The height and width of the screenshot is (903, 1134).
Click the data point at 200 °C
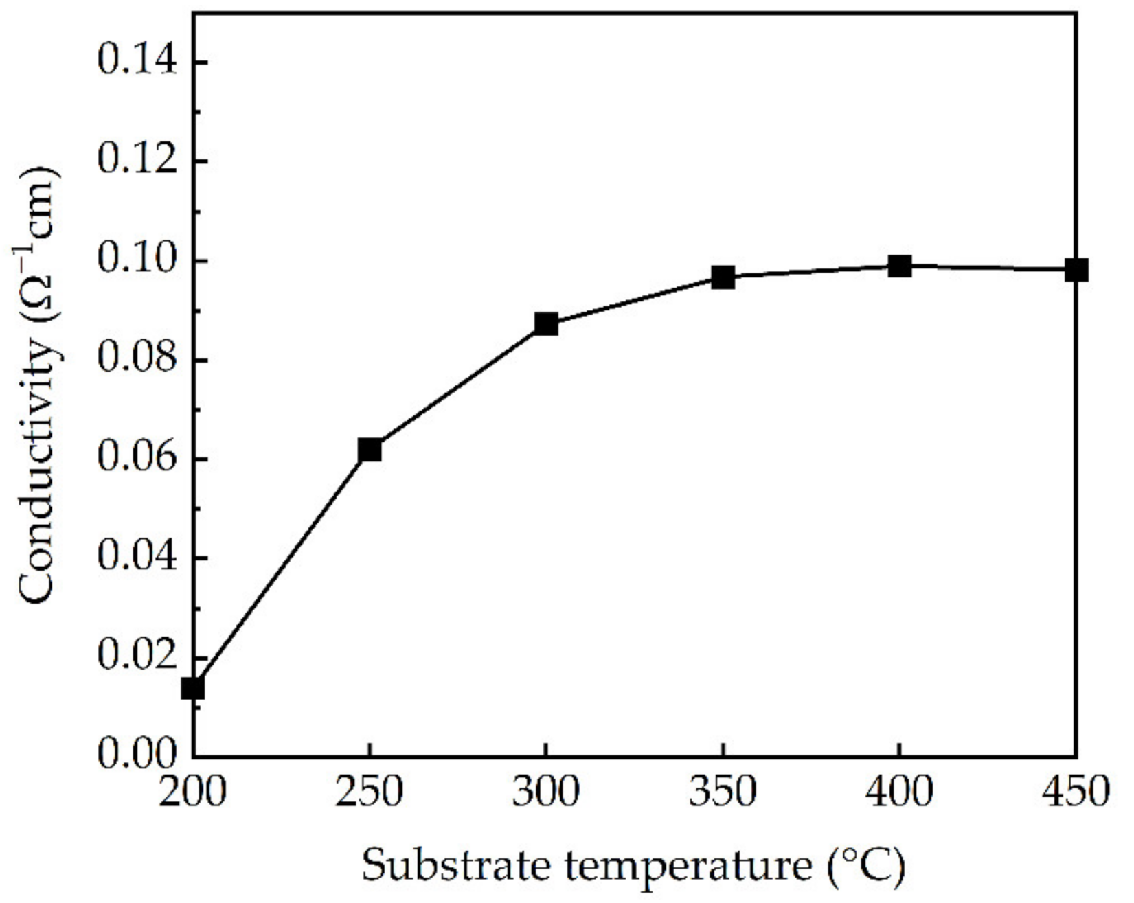193,688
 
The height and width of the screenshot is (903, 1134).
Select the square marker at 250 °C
370,450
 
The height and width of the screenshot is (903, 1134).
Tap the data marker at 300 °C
546,323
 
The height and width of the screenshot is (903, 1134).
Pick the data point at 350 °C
723,277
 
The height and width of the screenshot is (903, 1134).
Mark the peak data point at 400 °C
899,266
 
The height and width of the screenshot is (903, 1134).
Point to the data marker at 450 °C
1076,270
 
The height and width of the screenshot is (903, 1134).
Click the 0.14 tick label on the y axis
135,62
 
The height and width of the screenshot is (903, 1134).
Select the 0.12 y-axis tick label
135,161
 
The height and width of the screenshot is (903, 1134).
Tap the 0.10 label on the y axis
135,261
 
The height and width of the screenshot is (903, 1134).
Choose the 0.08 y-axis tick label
135,360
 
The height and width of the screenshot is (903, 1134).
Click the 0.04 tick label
135,558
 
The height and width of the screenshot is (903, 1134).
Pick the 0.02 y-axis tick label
135,657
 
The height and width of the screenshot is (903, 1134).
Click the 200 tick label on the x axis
193,792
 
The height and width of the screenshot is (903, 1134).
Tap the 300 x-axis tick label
546,792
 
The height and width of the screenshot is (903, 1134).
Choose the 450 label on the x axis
1076,792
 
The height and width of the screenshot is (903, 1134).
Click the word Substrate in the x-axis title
455,866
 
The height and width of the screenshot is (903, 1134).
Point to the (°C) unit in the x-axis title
867,866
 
